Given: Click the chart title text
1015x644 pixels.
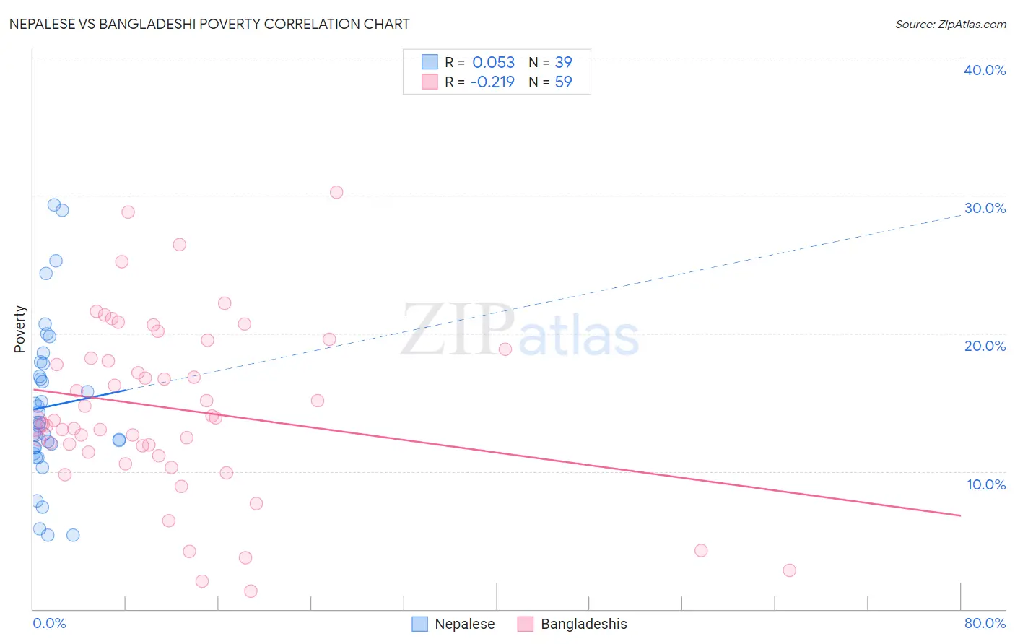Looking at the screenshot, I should coord(209,24).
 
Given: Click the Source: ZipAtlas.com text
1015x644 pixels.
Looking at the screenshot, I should coord(950,24).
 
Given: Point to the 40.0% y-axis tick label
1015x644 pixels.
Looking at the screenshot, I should coord(984,70).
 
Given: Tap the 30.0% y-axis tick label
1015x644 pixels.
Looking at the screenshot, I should coord(984,208).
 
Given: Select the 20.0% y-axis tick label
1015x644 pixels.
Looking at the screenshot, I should coord(984,346).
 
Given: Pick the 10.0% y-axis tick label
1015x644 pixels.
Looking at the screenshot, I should coord(985,484).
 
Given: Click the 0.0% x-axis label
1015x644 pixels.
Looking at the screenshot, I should coord(49,623).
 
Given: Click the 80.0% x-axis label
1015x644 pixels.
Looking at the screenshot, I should coord(984,623).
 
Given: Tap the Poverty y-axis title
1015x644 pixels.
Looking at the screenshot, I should coord(19,328).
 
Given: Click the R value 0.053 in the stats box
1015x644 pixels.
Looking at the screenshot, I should coord(493,63).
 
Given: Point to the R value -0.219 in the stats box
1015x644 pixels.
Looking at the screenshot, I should coord(492,82).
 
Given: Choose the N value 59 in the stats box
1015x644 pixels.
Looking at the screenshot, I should coord(563,82).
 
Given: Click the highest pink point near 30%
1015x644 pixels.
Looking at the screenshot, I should coord(336,192).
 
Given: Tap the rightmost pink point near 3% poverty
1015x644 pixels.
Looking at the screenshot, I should coord(789,570).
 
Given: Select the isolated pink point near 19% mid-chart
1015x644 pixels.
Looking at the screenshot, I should coord(505,349).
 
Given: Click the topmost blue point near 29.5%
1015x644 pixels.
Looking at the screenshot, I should coord(54,205).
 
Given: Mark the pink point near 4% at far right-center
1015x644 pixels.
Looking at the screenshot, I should coord(701,550).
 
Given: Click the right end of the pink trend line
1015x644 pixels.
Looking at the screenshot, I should coord(960,515).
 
